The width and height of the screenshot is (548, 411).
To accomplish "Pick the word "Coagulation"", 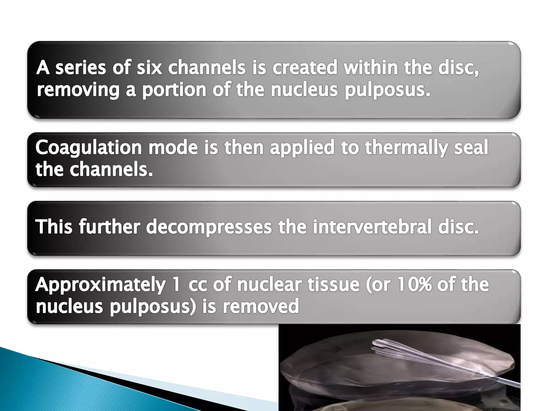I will click(89, 148).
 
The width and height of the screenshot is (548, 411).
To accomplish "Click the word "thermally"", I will click(406, 148).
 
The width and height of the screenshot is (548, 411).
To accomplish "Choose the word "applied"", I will click(302, 148).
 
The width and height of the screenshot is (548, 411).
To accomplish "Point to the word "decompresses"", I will click(209, 227).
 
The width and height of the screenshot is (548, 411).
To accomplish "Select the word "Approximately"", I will click(100, 285).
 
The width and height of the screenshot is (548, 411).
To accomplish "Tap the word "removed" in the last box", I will click(261, 306).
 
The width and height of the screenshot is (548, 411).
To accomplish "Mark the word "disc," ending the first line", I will click(458, 68).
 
